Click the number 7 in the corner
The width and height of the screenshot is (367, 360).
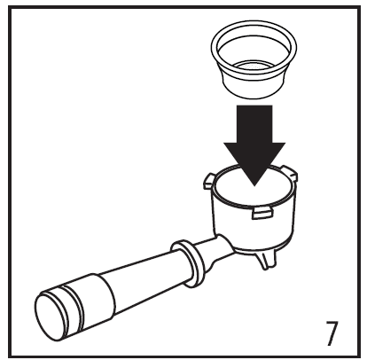tap(332, 333)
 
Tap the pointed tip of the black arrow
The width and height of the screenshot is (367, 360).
tap(254, 186)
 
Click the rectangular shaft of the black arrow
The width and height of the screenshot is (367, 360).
tap(254, 124)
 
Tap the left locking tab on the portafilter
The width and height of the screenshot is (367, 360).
tap(209, 181)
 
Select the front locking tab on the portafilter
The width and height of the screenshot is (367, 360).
tap(262, 213)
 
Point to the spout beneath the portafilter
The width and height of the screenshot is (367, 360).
tap(267, 261)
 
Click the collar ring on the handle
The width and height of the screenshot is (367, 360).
tap(188, 263)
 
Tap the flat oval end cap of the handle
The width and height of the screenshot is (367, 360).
tap(51, 314)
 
